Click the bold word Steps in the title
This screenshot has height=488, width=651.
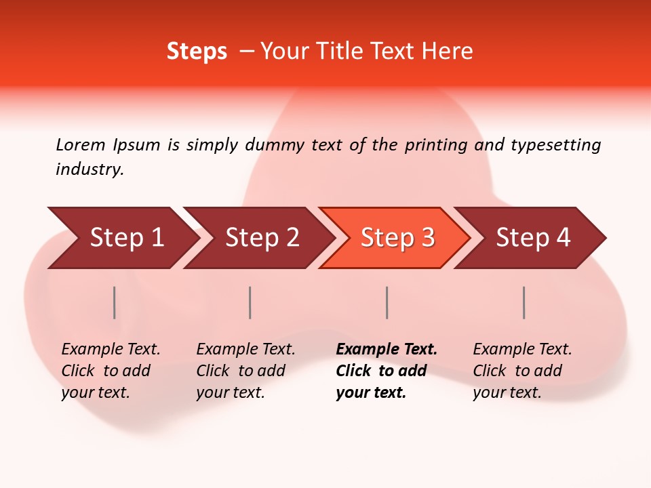197,52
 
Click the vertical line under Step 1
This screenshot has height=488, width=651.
115,302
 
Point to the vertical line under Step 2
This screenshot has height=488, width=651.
250,302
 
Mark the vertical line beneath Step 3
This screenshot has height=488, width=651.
387,302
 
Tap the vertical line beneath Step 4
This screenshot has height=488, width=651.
524,302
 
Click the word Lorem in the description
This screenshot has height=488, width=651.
80,144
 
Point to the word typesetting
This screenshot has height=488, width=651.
555,144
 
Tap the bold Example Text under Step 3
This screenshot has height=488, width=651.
387,349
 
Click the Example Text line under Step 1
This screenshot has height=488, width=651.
111,349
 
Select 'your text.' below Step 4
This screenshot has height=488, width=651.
507,392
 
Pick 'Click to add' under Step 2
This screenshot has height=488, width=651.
241,371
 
